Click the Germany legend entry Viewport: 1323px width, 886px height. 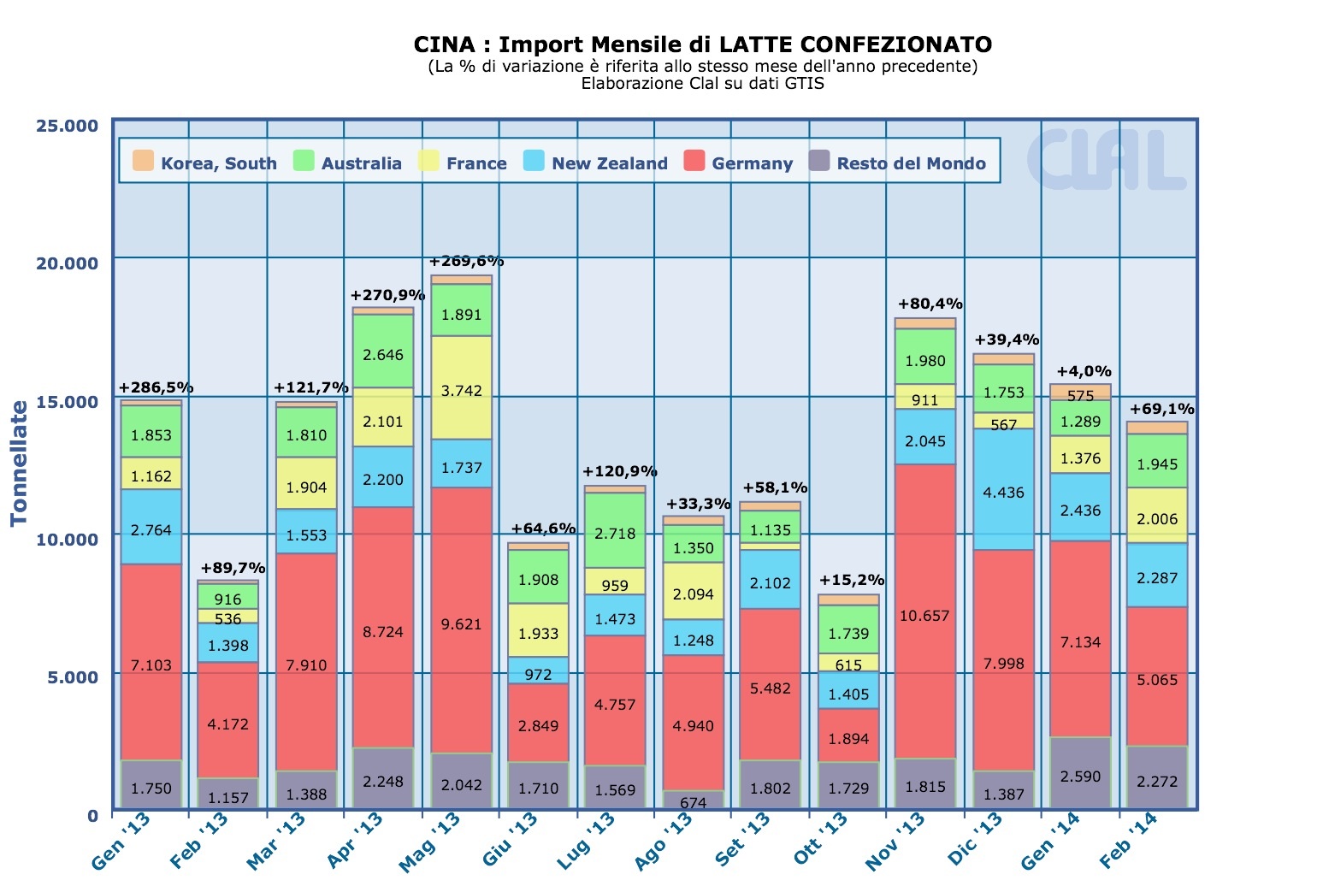click(739, 162)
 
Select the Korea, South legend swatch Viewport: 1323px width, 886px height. click(143, 161)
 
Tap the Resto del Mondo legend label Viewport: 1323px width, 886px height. click(911, 163)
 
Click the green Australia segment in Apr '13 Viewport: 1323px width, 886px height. click(383, 351)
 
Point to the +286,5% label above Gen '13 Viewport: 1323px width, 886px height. click(157, 387)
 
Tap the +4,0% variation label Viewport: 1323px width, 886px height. click(1084, 371)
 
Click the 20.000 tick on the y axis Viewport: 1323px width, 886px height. click(68, 263)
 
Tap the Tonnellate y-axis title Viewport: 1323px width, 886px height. click(19, 463)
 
